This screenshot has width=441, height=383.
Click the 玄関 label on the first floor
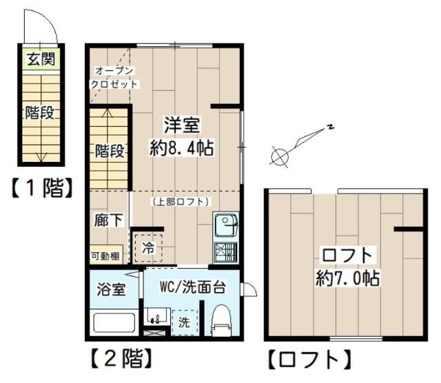40,59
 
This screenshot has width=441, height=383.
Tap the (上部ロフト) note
181,201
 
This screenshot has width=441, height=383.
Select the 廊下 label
109,220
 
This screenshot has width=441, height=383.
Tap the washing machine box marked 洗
183,322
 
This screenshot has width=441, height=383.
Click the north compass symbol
280,156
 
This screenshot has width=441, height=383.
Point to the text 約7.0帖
349,278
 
